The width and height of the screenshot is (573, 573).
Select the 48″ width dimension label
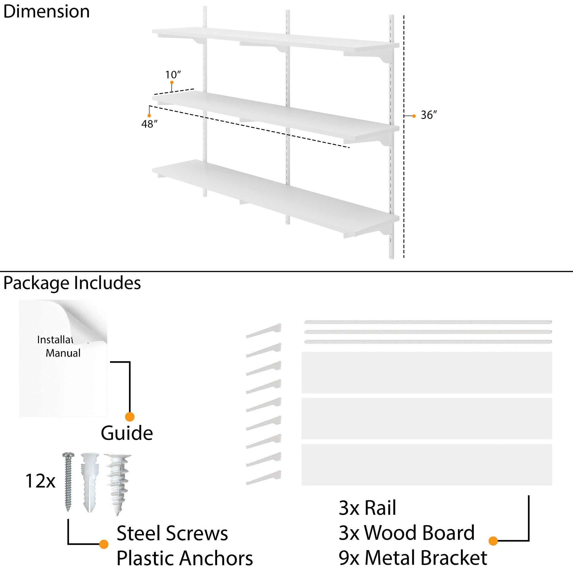coord(149,124)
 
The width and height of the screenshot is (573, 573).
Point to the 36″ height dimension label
coord(429,115)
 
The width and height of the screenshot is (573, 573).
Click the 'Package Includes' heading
coord(72,283)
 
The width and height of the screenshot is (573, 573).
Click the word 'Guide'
coord(127,433)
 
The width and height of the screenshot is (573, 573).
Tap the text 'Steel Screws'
coord(172,533)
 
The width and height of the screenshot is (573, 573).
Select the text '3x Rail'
coord(367,508)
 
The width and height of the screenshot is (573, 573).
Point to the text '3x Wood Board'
coord(406,533)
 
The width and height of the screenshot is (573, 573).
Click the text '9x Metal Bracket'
coord(413,558)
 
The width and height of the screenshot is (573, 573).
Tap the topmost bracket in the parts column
coord(264,331)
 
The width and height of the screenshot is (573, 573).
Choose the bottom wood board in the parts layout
coord(427,465)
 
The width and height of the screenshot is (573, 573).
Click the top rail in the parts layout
coord(428,322)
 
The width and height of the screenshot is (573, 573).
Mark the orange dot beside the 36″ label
coord(414,116)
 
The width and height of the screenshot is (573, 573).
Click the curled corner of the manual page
coord(89,320)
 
